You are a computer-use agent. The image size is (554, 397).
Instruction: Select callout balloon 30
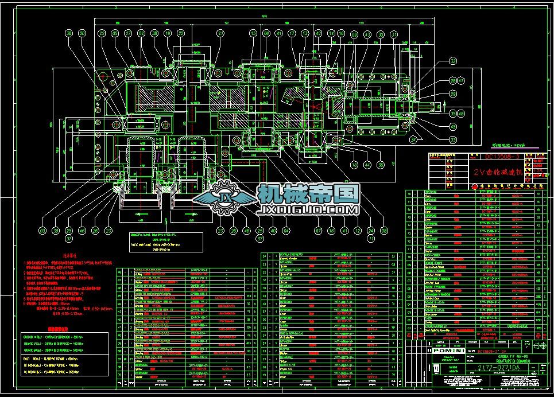tap(380, 34)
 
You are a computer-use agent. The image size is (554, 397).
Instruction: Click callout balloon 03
tap(42, 231)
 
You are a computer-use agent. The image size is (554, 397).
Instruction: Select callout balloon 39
tap(56, 231)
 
